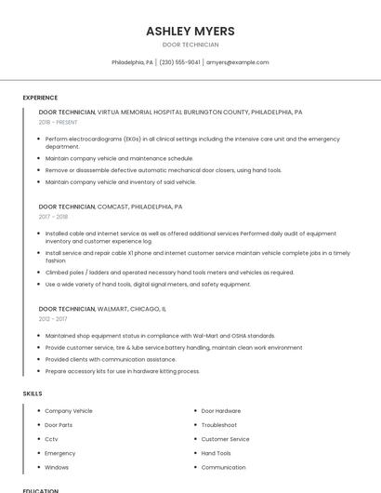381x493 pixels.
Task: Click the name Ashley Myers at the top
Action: click(x=190, y=32)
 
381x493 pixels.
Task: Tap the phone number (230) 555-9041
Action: click(x=179, y=62)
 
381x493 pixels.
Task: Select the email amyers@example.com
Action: click(x=237, y=62)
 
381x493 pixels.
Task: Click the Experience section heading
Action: click(x=40, y=98)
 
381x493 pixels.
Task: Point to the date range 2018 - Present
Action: click(x=58, y=122)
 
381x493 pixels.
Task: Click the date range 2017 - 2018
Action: click(x=53, y=217)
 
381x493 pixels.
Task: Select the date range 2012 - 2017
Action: click(x=53, y=318)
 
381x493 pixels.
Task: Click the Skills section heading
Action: click(x=33, y=393)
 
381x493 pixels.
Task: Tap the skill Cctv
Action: click(x=51, y=439)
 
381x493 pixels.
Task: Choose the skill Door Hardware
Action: click(x=221, y=411)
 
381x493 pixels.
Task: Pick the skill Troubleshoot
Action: click(x=219, y=425)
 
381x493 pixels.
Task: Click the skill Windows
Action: click(x=57, y=467)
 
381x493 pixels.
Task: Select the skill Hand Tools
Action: click(x=217, y=453)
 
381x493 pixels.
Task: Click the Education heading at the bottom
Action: click(x=40, y=490)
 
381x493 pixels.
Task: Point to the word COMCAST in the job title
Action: click(x=112, y=207)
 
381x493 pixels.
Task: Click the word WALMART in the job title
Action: click(x=113, y=308)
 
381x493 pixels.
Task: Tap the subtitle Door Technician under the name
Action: click(x=190, y=45)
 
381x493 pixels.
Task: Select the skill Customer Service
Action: click(x=226, y=439)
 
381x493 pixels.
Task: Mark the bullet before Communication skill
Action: click(x=194, y=467)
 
